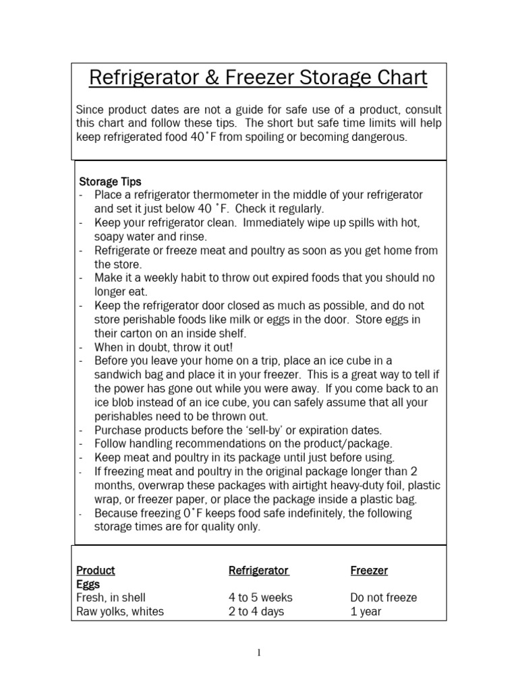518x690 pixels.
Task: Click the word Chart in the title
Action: click(399, 78)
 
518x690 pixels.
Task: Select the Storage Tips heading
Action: click(111, 181)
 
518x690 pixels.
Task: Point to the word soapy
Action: click(110, 237)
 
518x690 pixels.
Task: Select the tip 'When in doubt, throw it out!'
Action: click(164, 347)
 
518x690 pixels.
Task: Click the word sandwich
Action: click(118, 375)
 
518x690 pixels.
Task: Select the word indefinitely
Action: click(321, 513)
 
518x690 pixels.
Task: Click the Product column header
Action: click(96, 570)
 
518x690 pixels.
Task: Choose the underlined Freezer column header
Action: click(369, 570)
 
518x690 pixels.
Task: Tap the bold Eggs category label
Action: click(88, 584)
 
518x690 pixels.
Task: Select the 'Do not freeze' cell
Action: click(384, 598)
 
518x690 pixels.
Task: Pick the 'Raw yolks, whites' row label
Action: click(120, 612)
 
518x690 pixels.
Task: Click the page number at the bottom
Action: click(259, 652)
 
